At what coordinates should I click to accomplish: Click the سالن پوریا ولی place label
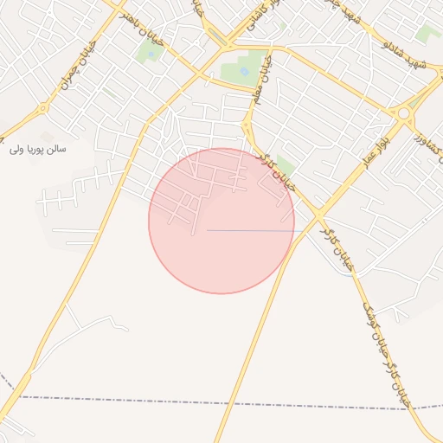coord(39,149)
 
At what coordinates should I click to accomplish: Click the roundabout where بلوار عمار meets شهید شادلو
coord(402,112)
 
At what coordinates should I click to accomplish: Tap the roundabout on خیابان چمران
coord(43,109)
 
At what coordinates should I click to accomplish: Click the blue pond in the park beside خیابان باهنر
coord(152,54)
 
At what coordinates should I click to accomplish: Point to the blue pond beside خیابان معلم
coord(244,71)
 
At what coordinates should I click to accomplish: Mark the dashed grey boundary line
coord(216,401)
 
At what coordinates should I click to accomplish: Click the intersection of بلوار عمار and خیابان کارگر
coord(318,214)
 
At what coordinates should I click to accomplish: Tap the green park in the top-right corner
coord(427,35)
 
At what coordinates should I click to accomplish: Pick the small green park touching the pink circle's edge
coord(285,168)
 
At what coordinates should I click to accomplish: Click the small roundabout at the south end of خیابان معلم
coord(247,125)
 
